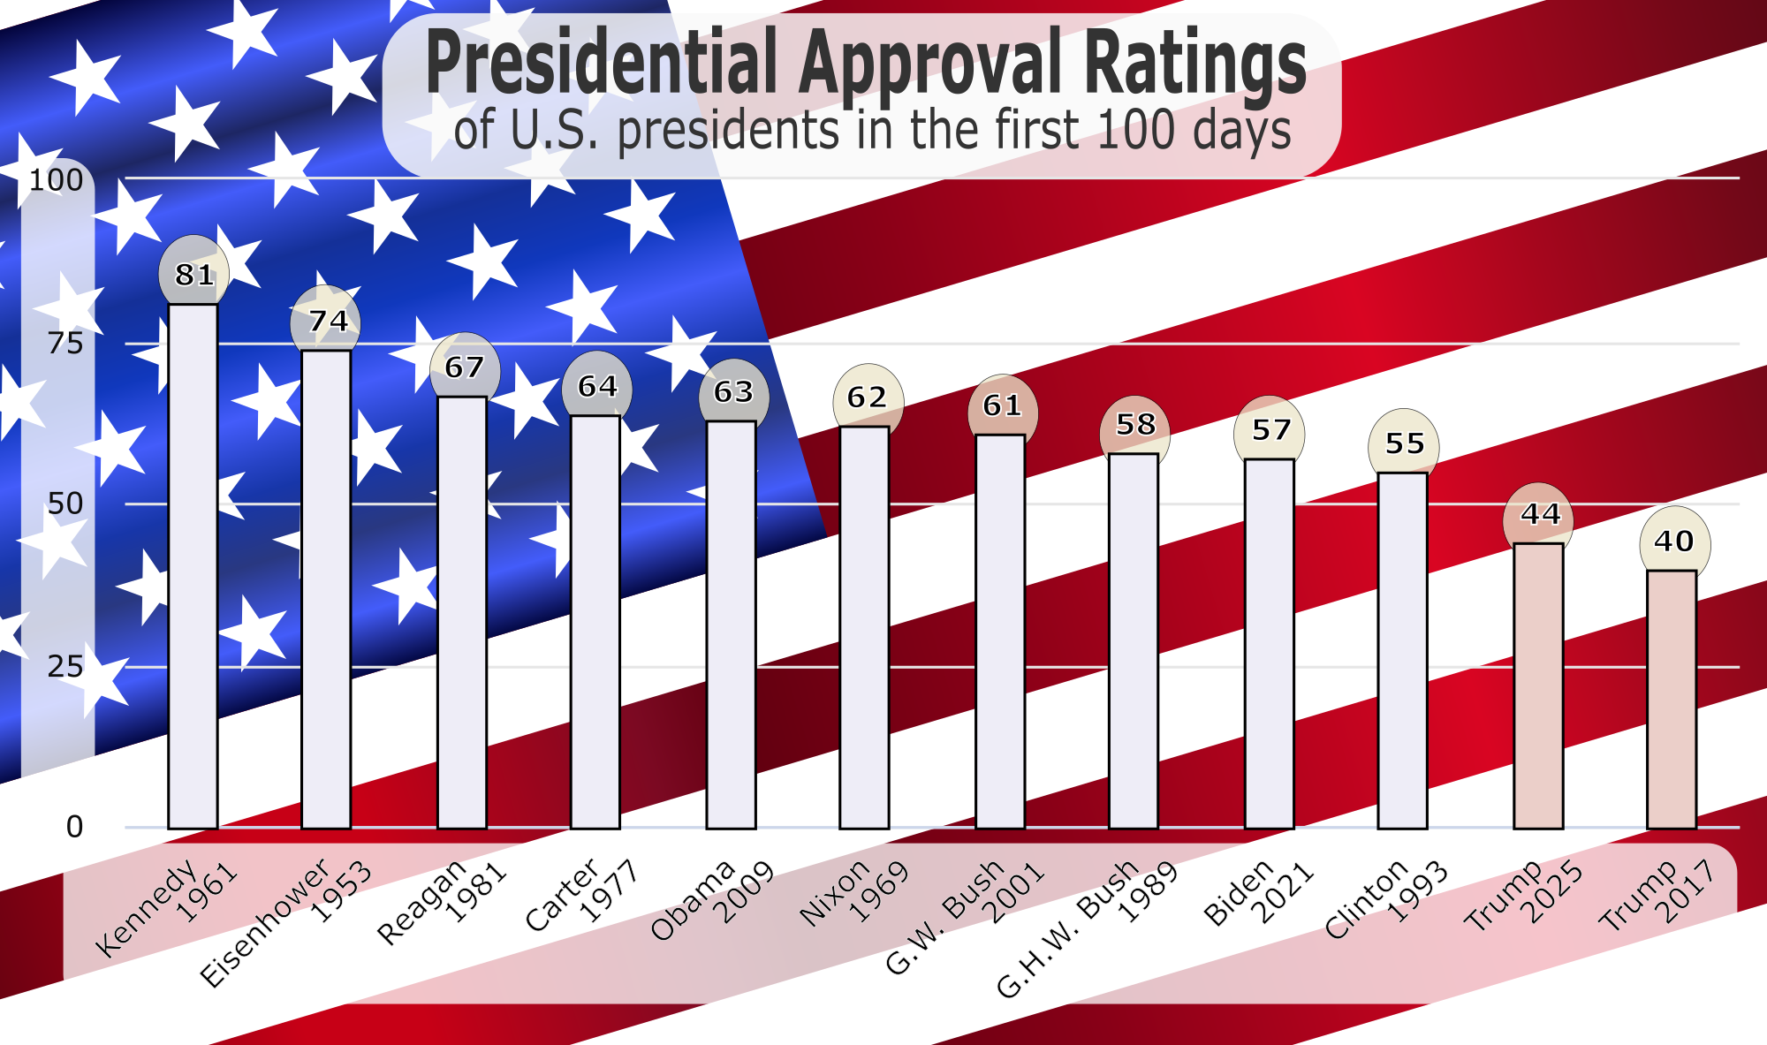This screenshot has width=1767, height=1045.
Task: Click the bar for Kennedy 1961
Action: (x=193, y=565)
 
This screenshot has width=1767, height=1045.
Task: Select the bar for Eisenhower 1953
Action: (x=326, y=589)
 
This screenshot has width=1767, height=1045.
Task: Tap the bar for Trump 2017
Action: (x=1671, y=699)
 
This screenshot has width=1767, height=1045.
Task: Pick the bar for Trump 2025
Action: (x=1538, y=685)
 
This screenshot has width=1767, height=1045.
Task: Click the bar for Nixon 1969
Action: (x=864, y=627)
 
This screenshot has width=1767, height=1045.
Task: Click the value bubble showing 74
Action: (x=327, y=321)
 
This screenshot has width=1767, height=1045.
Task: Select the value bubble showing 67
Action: (x=465, y=367)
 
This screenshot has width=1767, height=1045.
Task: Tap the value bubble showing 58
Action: (x=1135, y=425)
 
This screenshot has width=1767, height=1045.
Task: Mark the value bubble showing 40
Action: (x=1674, y=541)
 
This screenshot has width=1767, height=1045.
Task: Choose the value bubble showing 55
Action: (x=1404, y=443)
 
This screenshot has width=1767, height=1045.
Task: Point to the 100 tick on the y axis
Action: (x=57, y=180)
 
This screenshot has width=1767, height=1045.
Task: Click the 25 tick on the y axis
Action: (x=65, y=667)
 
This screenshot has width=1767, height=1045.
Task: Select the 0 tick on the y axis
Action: (x=74, y=828)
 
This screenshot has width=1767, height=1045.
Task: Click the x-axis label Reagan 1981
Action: (x=442, y=901)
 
